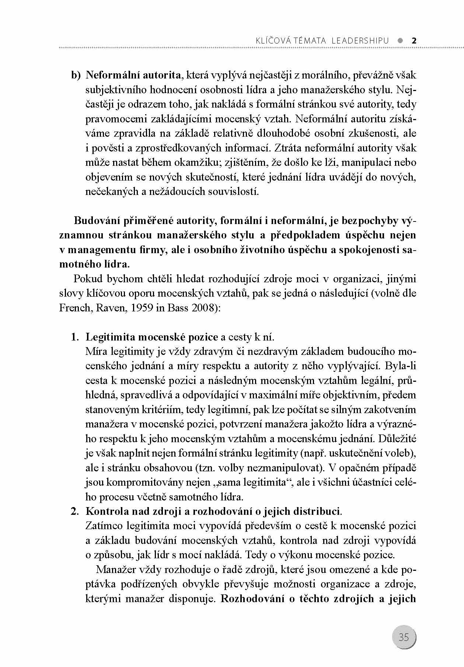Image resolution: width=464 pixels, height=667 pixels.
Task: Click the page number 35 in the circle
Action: point(404,637)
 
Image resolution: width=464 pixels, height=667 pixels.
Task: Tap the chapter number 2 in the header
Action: point(414,41)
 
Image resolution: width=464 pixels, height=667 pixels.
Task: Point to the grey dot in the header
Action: point(400,41)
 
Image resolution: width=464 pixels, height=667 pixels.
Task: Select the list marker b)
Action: point(75,75)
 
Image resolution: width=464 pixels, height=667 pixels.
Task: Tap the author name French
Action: point(75,308)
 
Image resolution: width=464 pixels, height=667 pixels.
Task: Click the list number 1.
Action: point(75,337)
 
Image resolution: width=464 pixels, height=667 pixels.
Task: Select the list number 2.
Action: point(75,511)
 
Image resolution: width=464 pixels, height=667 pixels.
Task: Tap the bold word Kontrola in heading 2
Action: point(106,511)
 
